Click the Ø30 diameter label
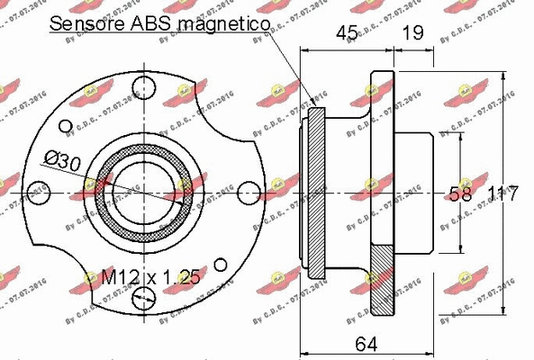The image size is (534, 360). [x=60, y=163]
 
